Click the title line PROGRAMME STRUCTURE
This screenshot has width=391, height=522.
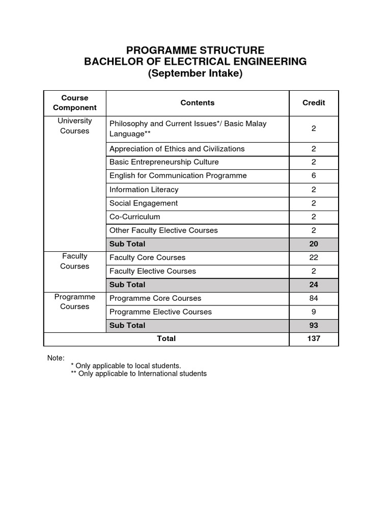pyautogui.click(x=195, y=50)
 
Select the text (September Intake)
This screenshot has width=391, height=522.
pyautogui.click(x=195, y=73)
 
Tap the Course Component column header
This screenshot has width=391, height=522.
pyautogui.click(x=75, y=102)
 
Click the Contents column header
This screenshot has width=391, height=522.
pyautogui.click(x=198, y=102)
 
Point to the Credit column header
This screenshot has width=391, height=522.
pyautogui.click(x=314, y=102)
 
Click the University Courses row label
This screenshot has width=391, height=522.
pyautogui.click(x=75, y=126)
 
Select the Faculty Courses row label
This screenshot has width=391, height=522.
pyautogui.click(x=75, y=261)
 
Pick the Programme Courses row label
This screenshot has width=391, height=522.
pyautogui.click(x=75, y=302)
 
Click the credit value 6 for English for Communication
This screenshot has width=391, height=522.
pyautogui.click(x=314, y=176)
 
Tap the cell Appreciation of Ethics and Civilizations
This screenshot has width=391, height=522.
pyautogui.click(x=177, y=149)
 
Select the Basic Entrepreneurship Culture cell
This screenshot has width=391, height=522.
pyautogui.click(x=164, y=162)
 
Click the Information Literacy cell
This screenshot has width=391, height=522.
pyautogui.click(x=144, y=190)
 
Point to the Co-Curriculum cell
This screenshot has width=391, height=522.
pyautogui.click(x=135, y=217)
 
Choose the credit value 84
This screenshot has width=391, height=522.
pyautogui.click(x=314, y=298)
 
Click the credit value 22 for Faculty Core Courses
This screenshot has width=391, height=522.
pyautogui.click(x=314, y=257)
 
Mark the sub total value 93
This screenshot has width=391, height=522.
pyautogui.click(x=314, y=325)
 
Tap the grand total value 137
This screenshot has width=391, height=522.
pyautogui.click(x=314, y=338)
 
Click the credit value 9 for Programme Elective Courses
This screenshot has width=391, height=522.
pyautogui.click(x=314, y=312)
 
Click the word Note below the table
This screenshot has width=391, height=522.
pyautogui.click(x=56, y=358)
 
